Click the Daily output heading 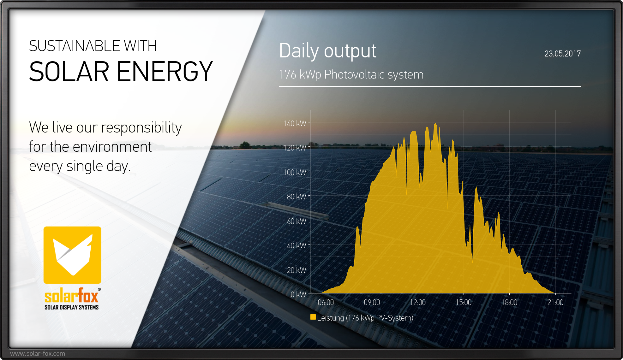click(327, 51)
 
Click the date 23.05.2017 click(562, 54)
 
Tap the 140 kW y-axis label click(295, 123)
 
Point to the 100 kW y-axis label click(295, 172)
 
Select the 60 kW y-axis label click(296, 221)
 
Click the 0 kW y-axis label click(298, 294)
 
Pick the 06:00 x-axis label click(326, 303)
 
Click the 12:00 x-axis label click(417, 303)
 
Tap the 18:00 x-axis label click(509, 303)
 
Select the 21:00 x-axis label click(555, 303)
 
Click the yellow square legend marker click(313, 317)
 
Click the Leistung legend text click(365, 318)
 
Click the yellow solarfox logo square click(72, 255)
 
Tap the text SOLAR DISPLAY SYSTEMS click(72, 307)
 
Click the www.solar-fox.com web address click(38, 354)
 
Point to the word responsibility click(141, 128)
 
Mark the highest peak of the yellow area click(435, 124)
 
